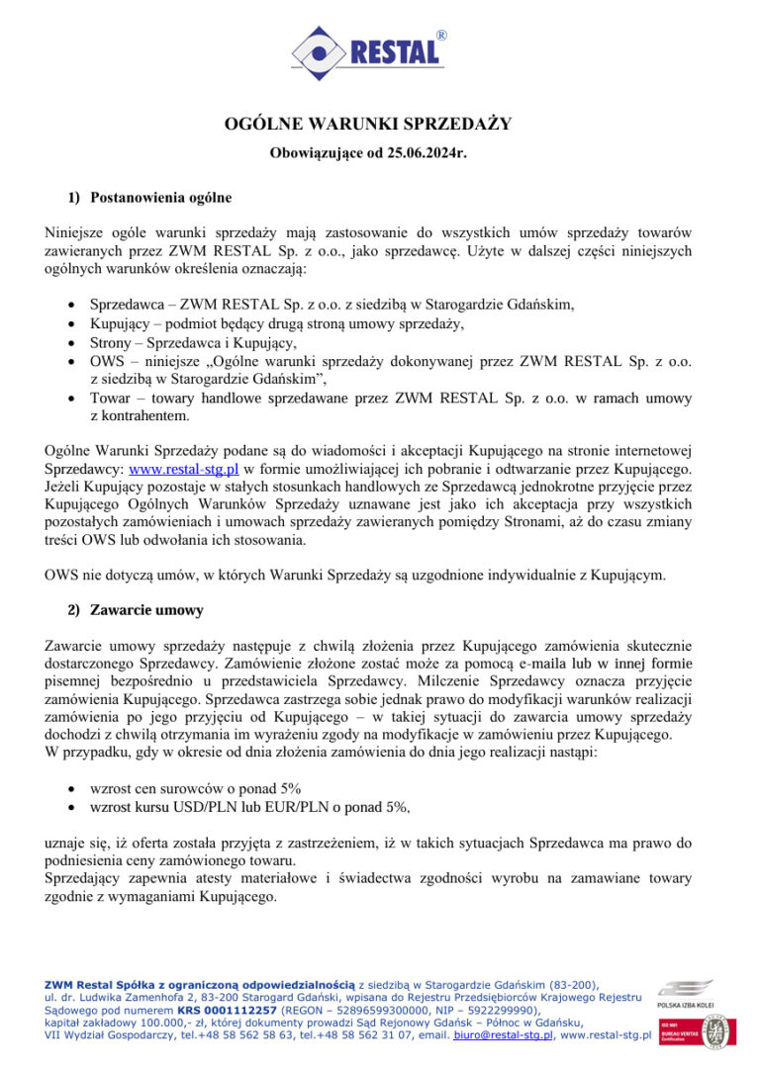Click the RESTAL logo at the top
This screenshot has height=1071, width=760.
pyautogui.click(x=368, y=51)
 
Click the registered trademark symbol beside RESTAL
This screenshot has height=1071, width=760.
pyautogui.click(x=441, y=36)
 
